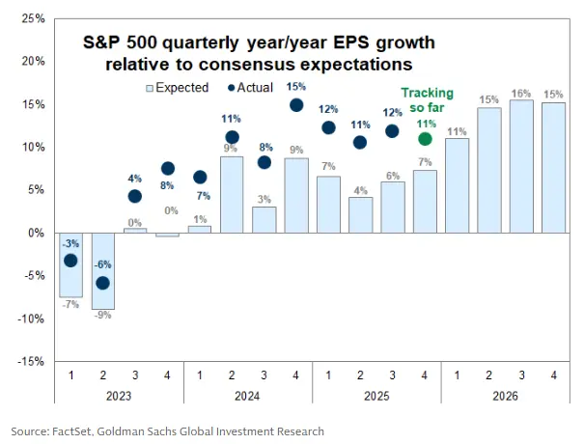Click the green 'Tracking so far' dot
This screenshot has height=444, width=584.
[x=426, y=138]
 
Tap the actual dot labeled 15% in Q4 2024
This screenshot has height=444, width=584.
[x=296, y=105]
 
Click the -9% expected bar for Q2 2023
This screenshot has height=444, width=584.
[x=102, y=271]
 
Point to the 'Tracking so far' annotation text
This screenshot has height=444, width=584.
[x=426, y=100]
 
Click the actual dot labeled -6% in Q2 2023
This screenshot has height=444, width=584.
[x=102, y=283]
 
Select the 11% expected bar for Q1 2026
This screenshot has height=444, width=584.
[x=458, y=185]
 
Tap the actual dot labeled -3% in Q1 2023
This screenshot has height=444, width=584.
[x=70, y=261]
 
